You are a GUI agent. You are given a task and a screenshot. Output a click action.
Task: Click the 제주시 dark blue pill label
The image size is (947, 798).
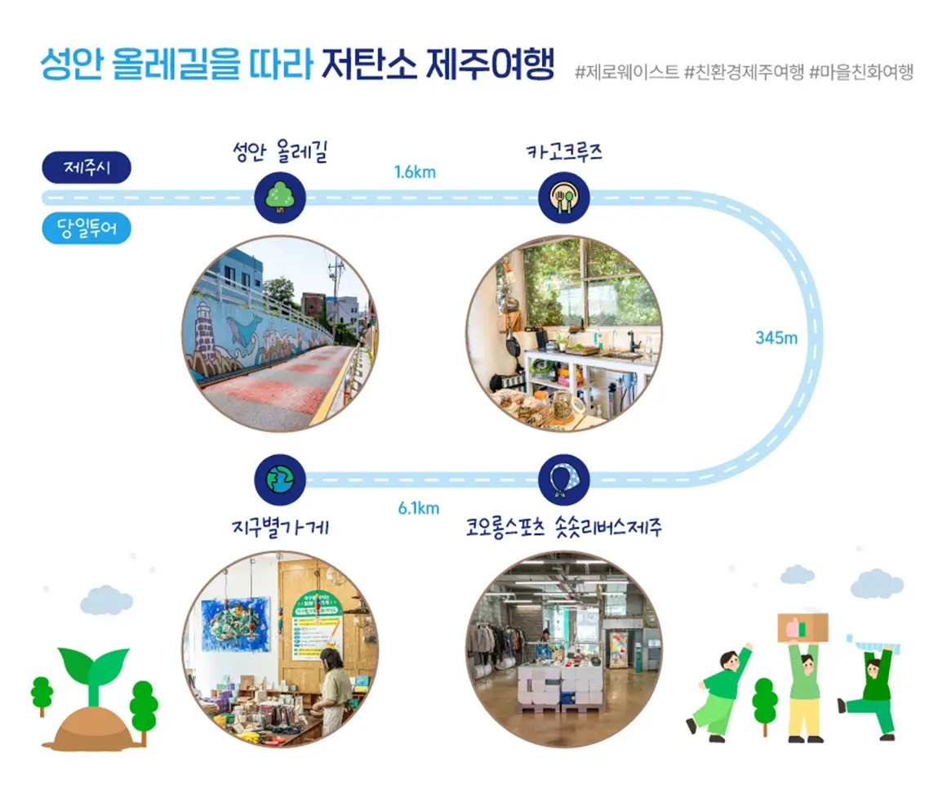click(x=87, y=169)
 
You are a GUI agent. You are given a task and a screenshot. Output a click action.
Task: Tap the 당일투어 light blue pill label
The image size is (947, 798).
click(x=87, y=229)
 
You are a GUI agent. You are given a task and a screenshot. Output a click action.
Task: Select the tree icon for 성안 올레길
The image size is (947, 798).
click(x=280, y=197)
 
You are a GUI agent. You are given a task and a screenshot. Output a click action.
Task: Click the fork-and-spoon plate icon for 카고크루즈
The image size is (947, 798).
click(x=564, y=197)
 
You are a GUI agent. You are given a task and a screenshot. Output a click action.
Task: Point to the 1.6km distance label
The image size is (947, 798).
click(x=415, y=172)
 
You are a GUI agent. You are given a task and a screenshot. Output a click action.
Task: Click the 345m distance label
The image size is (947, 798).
click(x=776, y=337)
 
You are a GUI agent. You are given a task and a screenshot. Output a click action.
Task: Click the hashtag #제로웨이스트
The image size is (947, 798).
click(x=626, y=72)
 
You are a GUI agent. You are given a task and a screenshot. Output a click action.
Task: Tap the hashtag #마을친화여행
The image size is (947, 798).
click(x=861, y=72)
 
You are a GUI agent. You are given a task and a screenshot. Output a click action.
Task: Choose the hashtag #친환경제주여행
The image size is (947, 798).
click(x=744, y=72)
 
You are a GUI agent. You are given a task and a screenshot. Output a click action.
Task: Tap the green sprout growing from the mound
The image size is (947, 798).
click(x=94, y=670)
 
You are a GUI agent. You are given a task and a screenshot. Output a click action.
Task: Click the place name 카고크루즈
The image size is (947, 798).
click(x=564, y=152)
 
